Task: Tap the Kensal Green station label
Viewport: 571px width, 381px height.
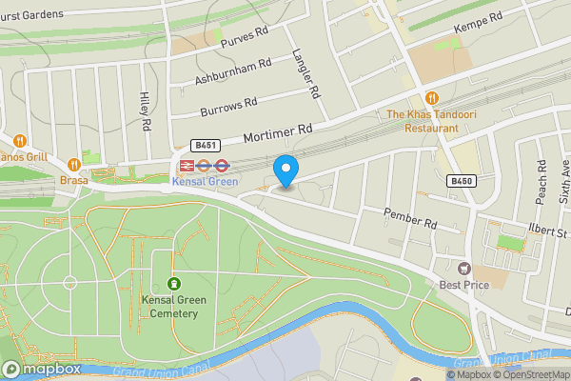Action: pos(207,182)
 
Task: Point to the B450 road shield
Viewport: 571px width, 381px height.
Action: pos(462,180)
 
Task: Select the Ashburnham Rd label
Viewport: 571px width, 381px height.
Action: pos(233,69)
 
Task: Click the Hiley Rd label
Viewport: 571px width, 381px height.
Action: pos(146,111)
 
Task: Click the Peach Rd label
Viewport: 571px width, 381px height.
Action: pos(541,177)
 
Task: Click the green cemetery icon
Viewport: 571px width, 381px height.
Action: pos(174,284)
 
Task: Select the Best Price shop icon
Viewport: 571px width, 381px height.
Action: pos(464,270)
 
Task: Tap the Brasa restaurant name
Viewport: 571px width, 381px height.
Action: pos(74,179)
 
